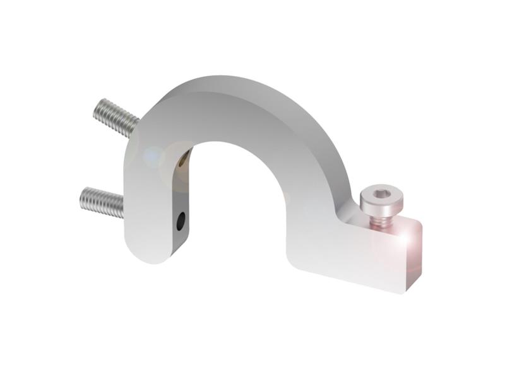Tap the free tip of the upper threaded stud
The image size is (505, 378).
(x=97, y=108)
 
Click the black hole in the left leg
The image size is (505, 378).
(x=181, y=220)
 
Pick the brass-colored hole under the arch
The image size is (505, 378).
(x=183, y=161)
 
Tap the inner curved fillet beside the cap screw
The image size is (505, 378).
(x=350, y=211)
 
